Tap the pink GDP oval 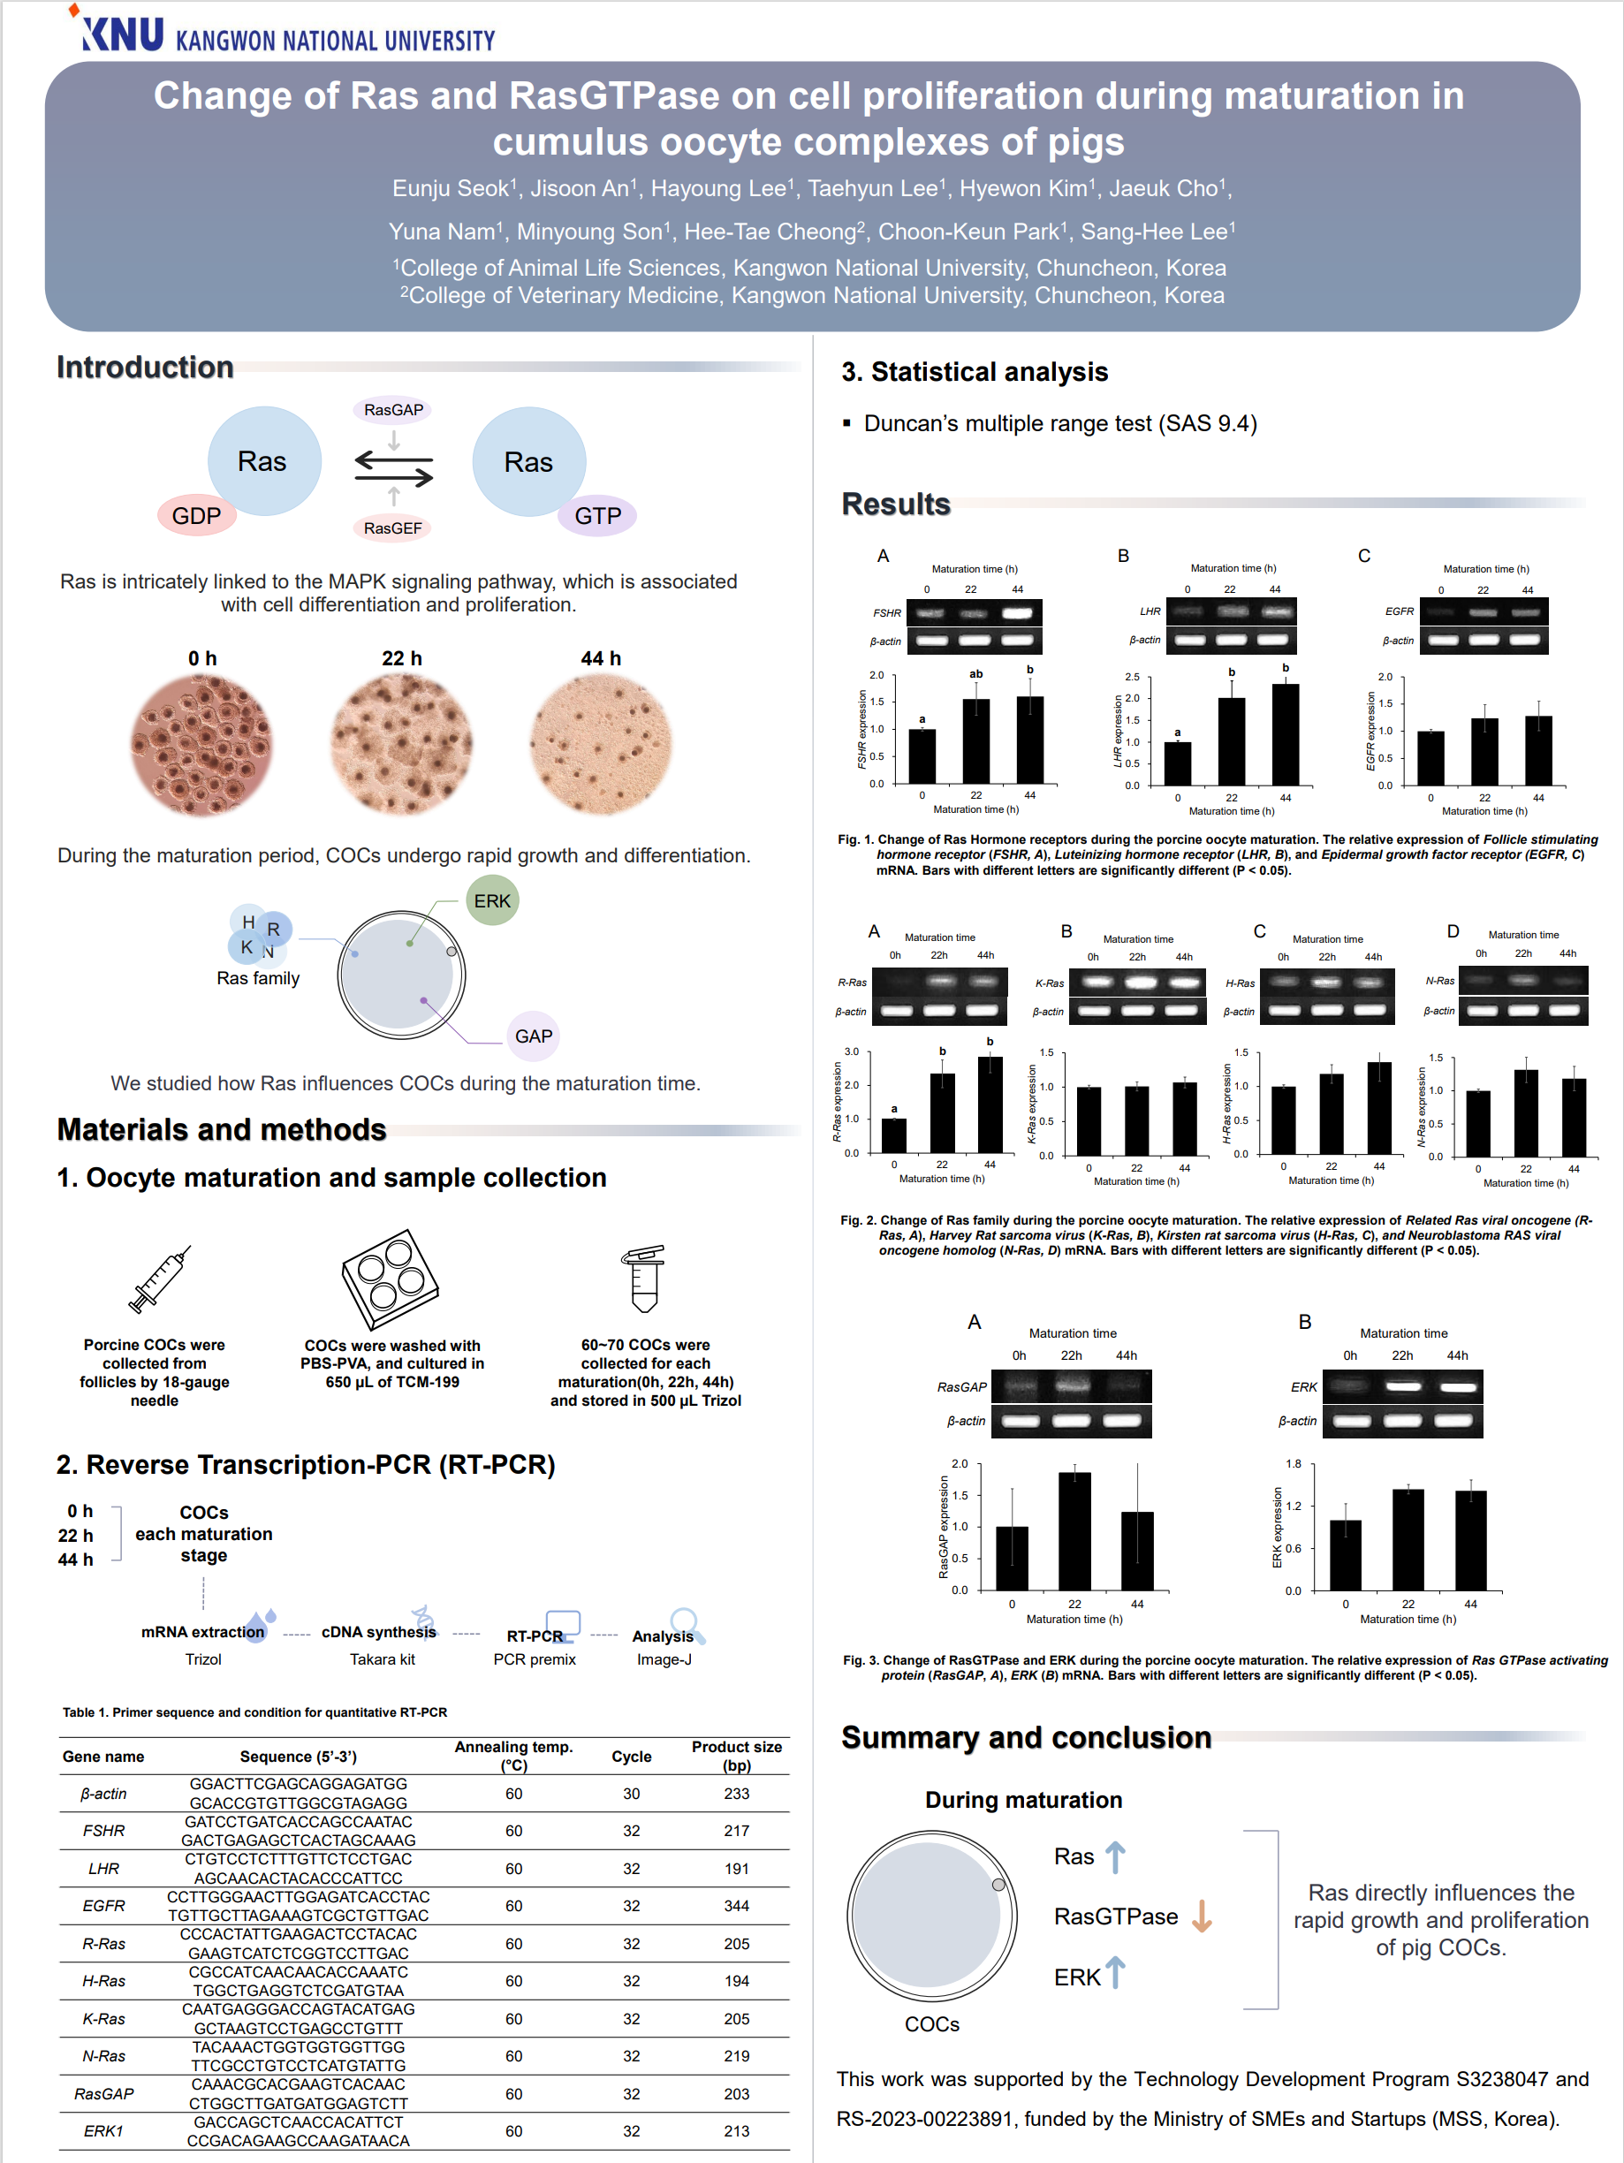click(x=196, y=515)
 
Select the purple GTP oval click(x=597, y=515)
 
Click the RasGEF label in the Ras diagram click(x=393, y=528)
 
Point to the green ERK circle click(x=492, y=900)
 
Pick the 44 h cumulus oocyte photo click(x=602, y=744)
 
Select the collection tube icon click(x=644, y=1278)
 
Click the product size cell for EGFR click(x=736, y=1906)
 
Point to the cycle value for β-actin click(x=632, y=1794)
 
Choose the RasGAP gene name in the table click(x=103, y=2093)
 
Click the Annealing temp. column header click(x=513, y=1756)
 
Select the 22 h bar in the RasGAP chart click(x=1074, y=1531)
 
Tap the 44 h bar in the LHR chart click(x=1286, y=735)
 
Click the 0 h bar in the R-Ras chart click(x=893, y=1136)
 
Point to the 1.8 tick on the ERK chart click(x=1294, y=1464)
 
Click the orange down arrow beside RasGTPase click(x=1202, y=1916)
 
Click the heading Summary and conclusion click(x=1027, y=1738)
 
